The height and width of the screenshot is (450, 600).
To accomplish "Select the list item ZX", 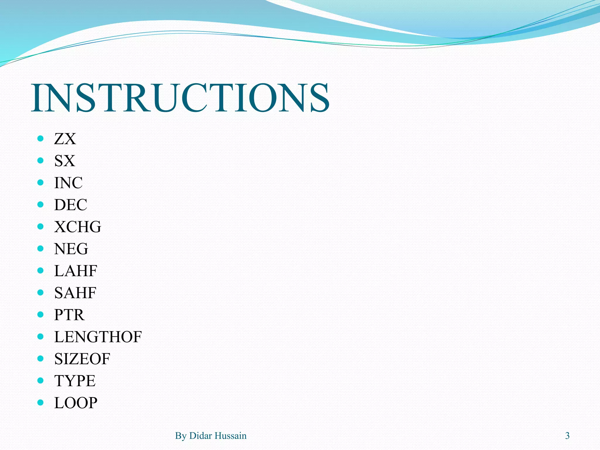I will point(65,139).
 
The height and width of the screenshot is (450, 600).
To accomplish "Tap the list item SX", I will point(65,161).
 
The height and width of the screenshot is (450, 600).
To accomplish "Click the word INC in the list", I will point(68,183).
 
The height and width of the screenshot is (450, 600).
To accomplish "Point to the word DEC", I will point(71,205).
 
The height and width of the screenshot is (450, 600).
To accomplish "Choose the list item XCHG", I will point(78,227).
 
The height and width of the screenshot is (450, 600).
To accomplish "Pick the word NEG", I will point(71,249).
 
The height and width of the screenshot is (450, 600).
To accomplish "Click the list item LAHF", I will point(76,271).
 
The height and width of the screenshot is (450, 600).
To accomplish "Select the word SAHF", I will point(75,293).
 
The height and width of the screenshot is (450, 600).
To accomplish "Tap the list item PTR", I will point(69,315).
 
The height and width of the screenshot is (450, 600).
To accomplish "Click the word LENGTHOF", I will point(98,337).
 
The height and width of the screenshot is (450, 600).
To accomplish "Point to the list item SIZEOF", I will point(82,359).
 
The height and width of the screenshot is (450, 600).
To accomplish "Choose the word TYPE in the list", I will point(75,381).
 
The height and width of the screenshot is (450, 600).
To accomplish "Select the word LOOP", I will point(76,403).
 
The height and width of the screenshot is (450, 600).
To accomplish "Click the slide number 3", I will point(567,436).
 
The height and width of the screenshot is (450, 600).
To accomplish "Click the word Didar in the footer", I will point(201,436).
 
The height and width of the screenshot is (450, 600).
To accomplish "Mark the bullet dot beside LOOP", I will point(40,402).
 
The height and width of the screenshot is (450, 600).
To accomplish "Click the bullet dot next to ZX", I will point(40,138).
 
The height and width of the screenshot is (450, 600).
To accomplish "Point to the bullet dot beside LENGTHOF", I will point(40,336).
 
